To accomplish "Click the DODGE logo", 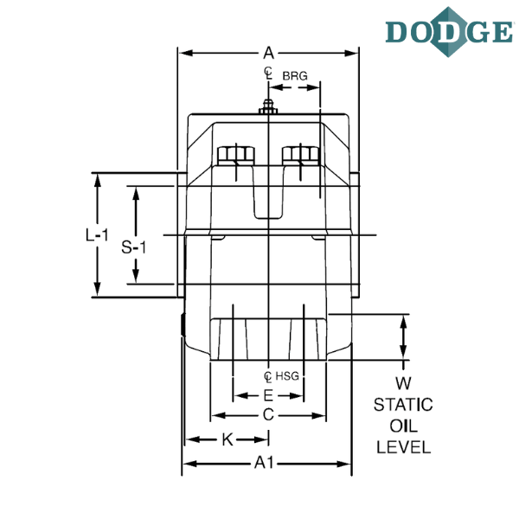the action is pos(450,32).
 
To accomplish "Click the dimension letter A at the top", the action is pos(268,53).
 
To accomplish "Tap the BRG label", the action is pos(295,76).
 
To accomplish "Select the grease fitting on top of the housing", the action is pos(268,107).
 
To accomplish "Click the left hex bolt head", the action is pos(236,156).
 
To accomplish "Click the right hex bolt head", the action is pos(300,156).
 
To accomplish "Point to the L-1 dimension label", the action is pos(97,235).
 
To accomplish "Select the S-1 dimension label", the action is pos(133,247).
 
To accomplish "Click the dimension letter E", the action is pos(268,395).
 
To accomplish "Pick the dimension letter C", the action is pos(268,414).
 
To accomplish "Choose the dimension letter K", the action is pos(227,440).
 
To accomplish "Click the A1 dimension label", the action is pos(264,463).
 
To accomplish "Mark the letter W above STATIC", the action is pos(403,383).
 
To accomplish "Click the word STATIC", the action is pos(403,405).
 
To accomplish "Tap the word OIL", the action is pos(403,426).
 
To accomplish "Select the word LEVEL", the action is pos(403,447).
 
